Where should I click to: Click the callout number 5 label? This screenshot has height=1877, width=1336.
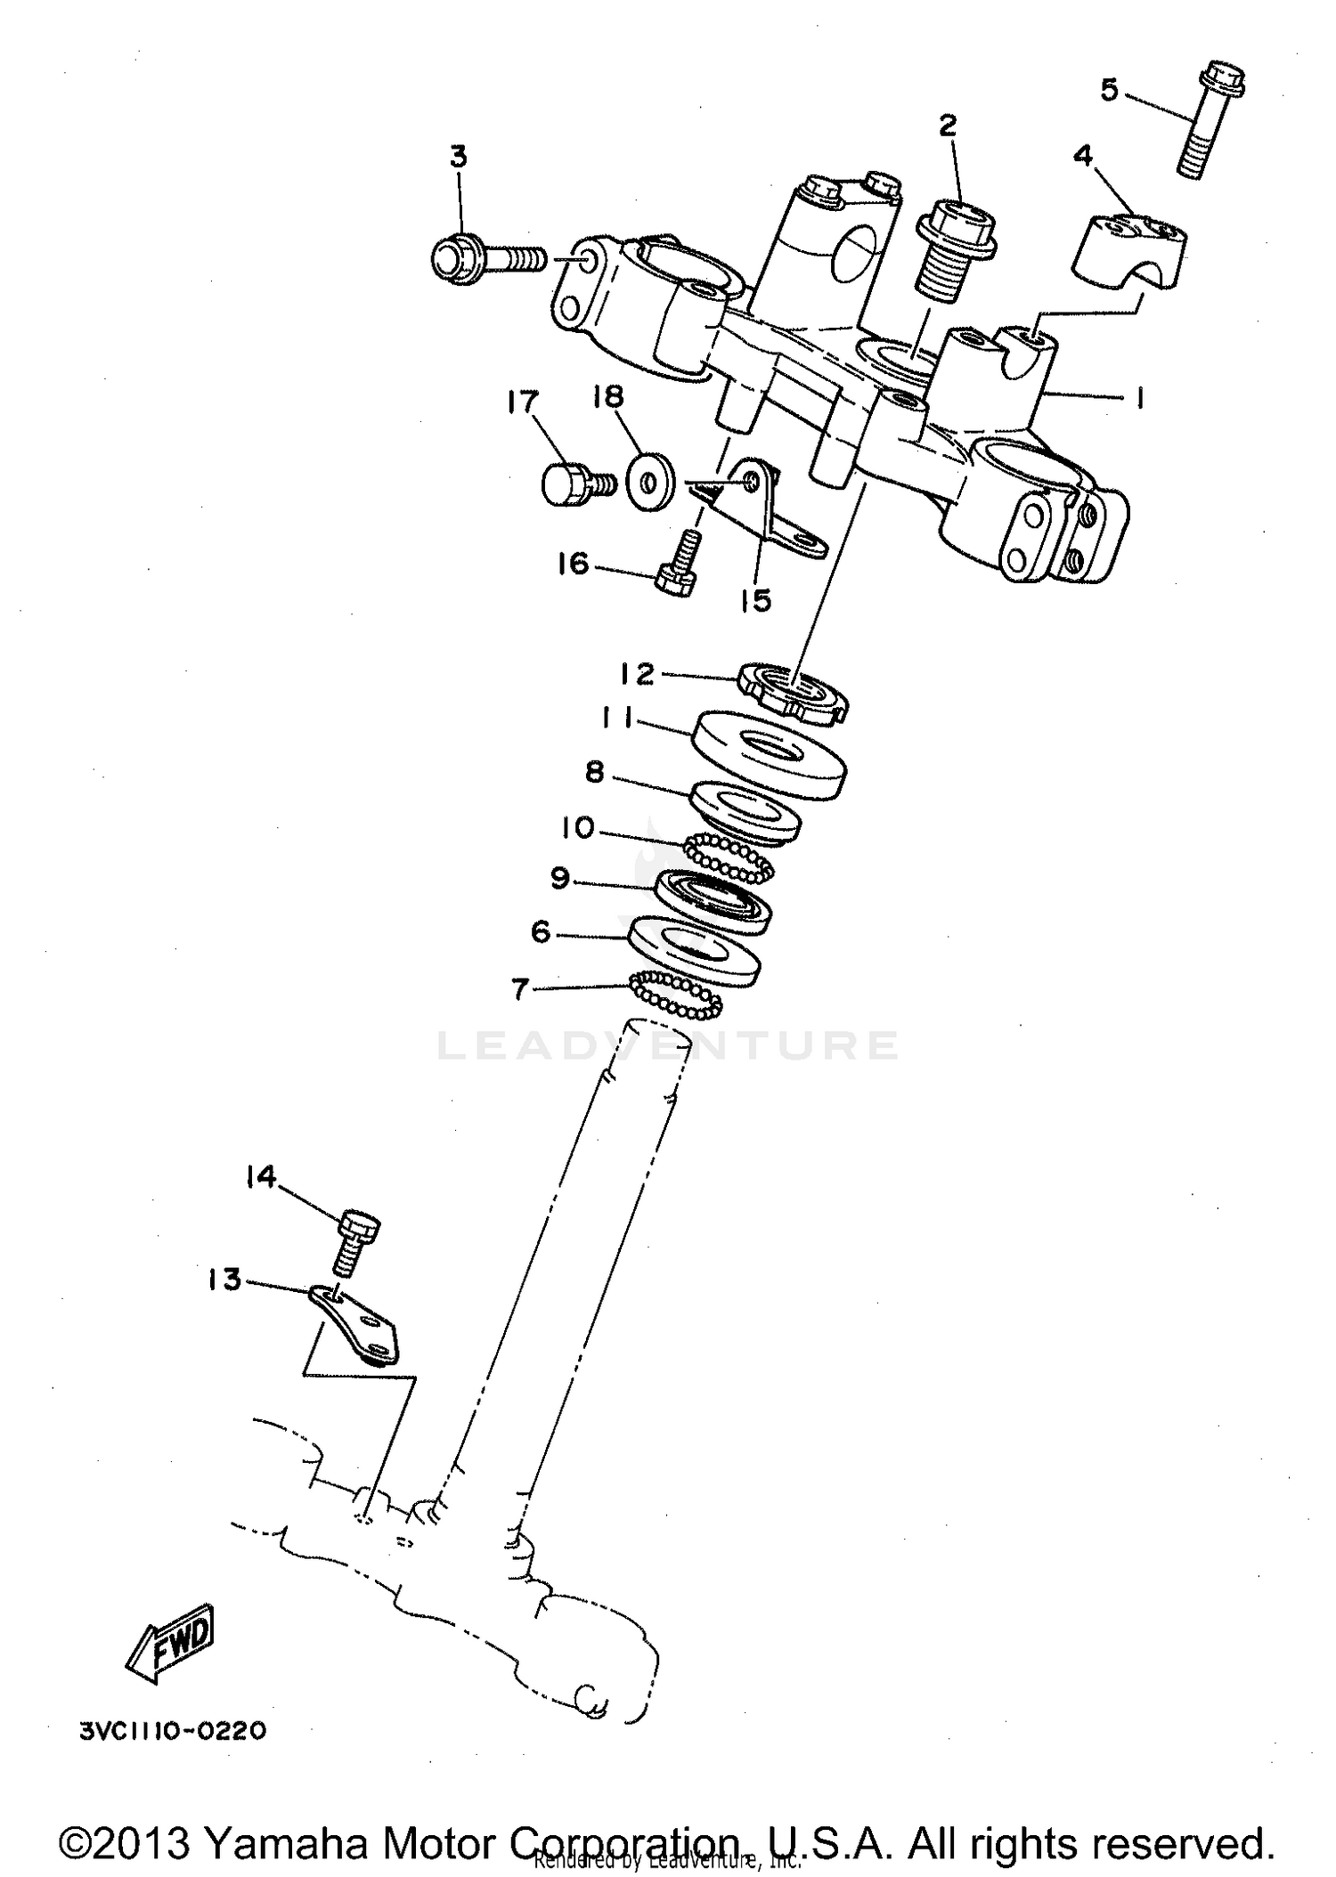(1109, 90)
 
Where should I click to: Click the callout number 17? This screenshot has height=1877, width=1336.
(523, 402)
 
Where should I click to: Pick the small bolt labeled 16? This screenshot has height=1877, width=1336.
(679, 566)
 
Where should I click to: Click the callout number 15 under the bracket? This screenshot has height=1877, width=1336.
(755, 600)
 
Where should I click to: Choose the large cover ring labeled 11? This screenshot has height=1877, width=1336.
(768, 753)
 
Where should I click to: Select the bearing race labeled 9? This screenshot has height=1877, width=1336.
(713, 903)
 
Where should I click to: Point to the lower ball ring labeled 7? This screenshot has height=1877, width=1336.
(676, 994)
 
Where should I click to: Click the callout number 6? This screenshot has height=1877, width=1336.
(541, 932)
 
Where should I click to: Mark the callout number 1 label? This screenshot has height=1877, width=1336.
(1137, 398)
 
